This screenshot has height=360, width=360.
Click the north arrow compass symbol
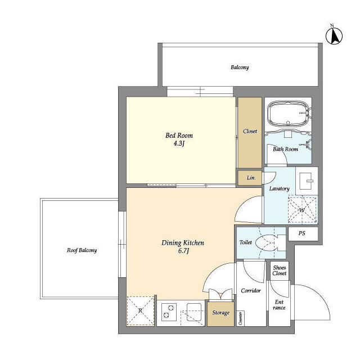[334, 35]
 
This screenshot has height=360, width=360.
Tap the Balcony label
[240, 67]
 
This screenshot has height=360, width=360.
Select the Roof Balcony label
[82, 250]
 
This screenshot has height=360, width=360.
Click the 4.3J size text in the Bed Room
[179, 144]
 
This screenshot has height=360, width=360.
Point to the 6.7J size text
[183, 251]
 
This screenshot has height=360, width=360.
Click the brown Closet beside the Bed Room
[250, 133]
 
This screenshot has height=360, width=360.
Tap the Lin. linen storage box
[250, 178]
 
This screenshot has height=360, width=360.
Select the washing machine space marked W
[302, 209]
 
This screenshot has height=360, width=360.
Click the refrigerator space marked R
[140, 311]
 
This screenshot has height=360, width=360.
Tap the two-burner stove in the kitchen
[169, 312]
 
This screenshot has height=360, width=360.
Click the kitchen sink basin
[194, 312]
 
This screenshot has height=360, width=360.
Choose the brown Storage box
[220, 314]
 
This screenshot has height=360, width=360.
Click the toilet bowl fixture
[264, 244]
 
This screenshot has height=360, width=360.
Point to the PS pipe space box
[303, 234]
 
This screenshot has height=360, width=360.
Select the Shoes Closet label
[280, 271]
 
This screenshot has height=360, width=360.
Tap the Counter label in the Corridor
[240, 318]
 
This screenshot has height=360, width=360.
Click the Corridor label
[251, 291]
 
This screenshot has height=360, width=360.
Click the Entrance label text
[279, 305]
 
